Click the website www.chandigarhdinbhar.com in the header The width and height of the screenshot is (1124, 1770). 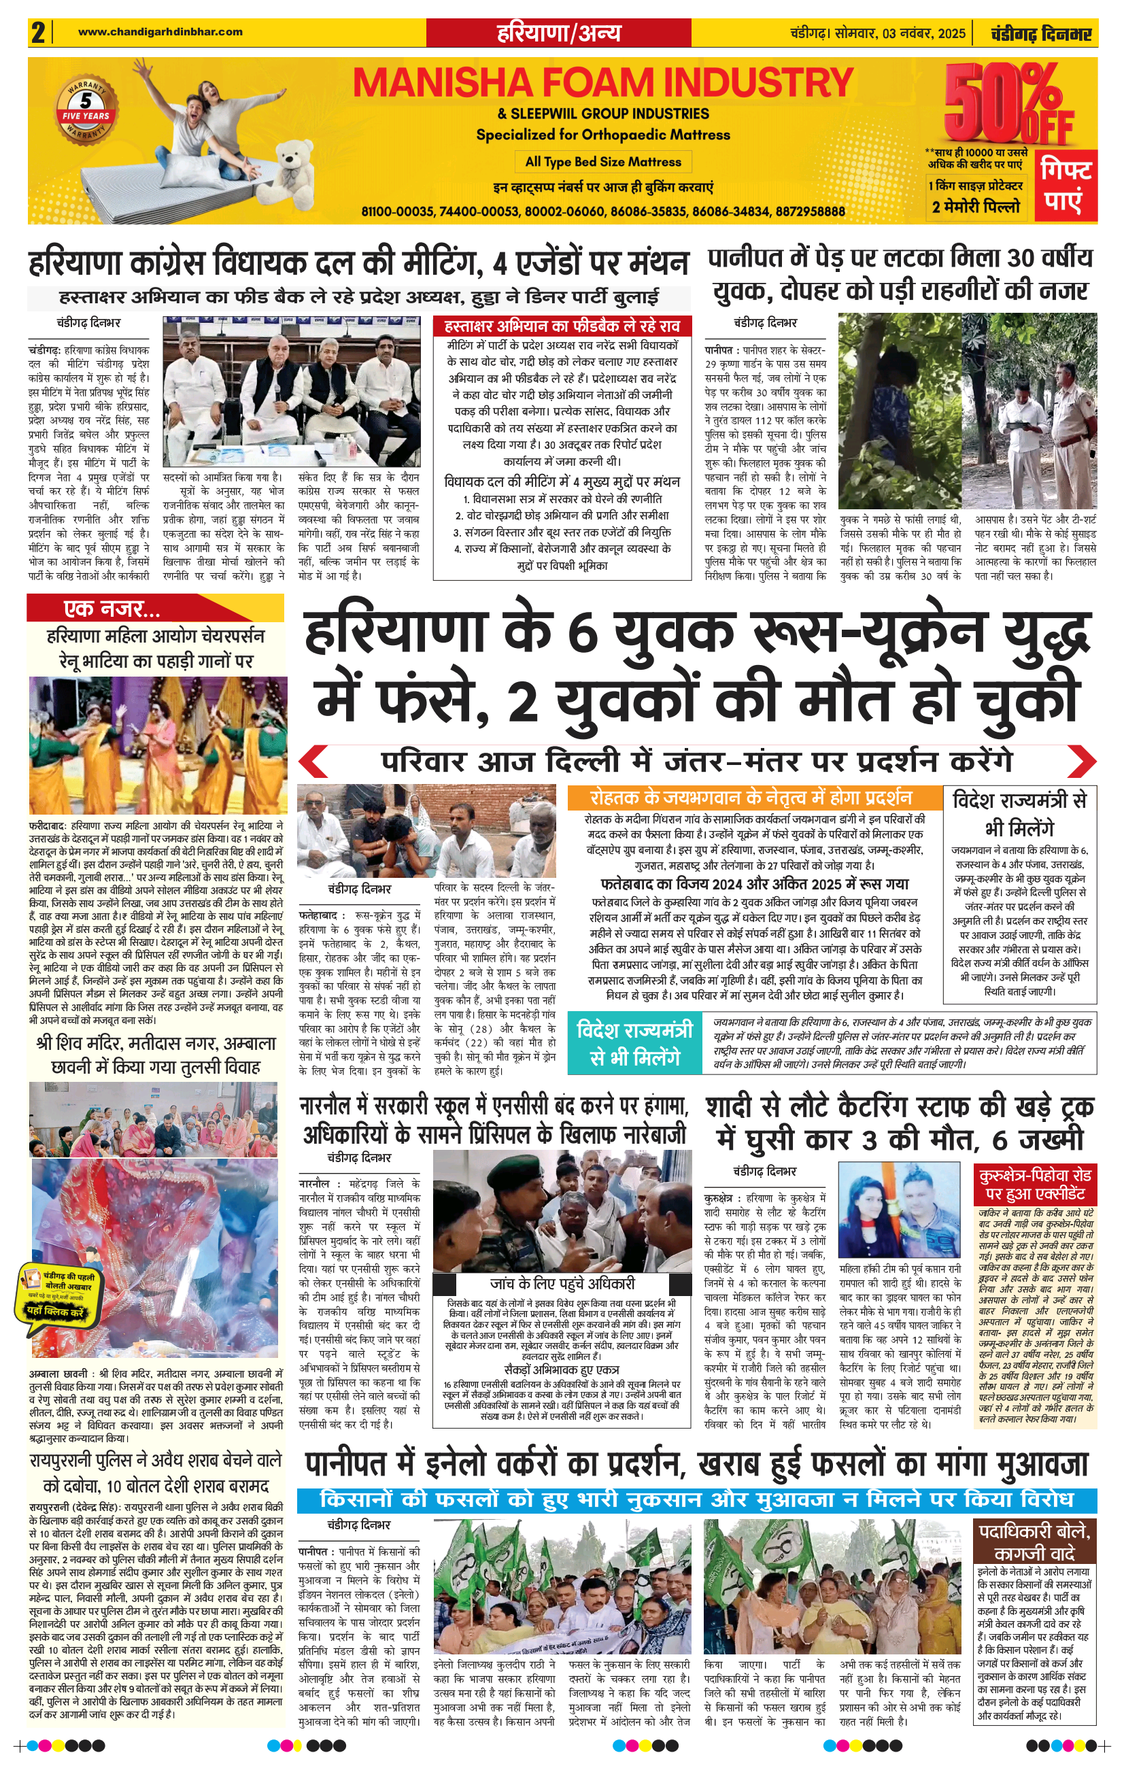tap(160, 31)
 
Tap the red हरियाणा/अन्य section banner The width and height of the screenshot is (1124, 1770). tap(559, 33)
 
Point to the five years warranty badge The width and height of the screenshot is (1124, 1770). tap(86, 107)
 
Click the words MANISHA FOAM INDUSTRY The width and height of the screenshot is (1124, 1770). tap(603, 83)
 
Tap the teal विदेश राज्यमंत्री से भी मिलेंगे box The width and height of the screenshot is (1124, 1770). tap(634, 1042)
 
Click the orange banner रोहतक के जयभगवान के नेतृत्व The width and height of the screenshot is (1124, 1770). tap(753, 798)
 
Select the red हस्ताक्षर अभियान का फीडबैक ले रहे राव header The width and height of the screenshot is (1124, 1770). tap(562, 326)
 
